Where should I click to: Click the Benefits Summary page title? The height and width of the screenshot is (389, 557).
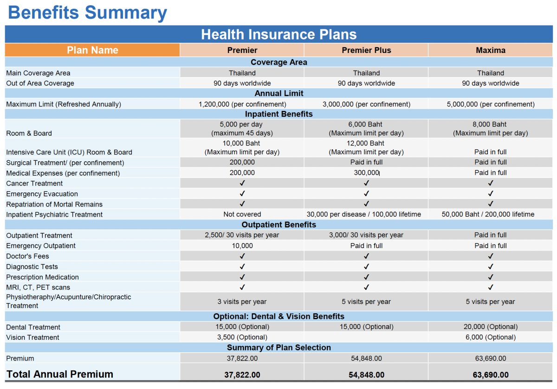tap(87, 13)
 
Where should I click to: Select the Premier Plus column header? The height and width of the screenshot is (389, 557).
tap(366, 50)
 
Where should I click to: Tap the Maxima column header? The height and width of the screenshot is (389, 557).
tap(491, 50)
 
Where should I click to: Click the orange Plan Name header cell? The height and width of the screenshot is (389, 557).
tap(92, 50)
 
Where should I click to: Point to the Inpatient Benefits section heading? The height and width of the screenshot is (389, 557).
tap(278, 114)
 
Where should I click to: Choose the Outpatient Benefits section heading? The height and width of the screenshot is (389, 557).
tap(278, 224)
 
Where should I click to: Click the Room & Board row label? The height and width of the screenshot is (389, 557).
tap(29, 133)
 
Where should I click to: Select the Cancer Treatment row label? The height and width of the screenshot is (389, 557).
tap(34, 184)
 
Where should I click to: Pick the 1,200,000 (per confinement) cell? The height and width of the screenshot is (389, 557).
tap(242, 104)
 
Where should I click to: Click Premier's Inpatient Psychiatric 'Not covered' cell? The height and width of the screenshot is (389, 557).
tap(242, 214)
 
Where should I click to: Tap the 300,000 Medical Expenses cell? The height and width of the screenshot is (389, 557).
tap(366, 173)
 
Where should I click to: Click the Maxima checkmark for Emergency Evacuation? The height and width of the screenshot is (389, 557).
tap(491, 194)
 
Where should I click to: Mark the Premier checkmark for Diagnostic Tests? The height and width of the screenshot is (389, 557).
tap(242, 267)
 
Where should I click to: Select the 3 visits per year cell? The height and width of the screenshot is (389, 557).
tap(242, 302)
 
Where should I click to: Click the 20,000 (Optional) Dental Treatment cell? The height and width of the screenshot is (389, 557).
tap(491, 327)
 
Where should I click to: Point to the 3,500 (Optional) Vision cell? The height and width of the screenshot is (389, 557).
tap(242, 337)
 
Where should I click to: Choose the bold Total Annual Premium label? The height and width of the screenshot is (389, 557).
tap(59, 374)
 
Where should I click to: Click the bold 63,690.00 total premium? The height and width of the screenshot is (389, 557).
tap(491, 375)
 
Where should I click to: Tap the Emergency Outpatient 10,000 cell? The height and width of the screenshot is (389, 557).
tap(242, 245)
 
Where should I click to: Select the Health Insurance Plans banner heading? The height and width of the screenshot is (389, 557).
tap(278, 34)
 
